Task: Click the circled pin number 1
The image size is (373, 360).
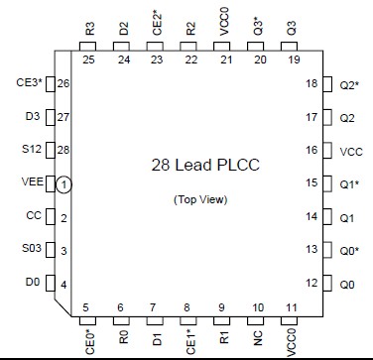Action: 62,184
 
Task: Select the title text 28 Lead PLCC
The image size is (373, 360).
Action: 204,165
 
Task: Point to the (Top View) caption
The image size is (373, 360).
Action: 204,199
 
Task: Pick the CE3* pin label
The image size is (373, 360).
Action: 30,82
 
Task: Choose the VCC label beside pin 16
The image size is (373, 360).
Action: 351,152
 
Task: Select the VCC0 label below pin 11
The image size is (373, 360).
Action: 293,341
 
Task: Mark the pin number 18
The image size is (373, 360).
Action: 312,83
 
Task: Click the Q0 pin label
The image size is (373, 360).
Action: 347,285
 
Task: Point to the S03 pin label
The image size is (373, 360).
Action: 33,251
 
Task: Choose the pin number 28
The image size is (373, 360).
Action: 63,149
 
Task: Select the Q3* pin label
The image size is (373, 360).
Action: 258,26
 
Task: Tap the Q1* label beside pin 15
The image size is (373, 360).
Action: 349,184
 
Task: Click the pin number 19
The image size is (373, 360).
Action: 293,60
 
